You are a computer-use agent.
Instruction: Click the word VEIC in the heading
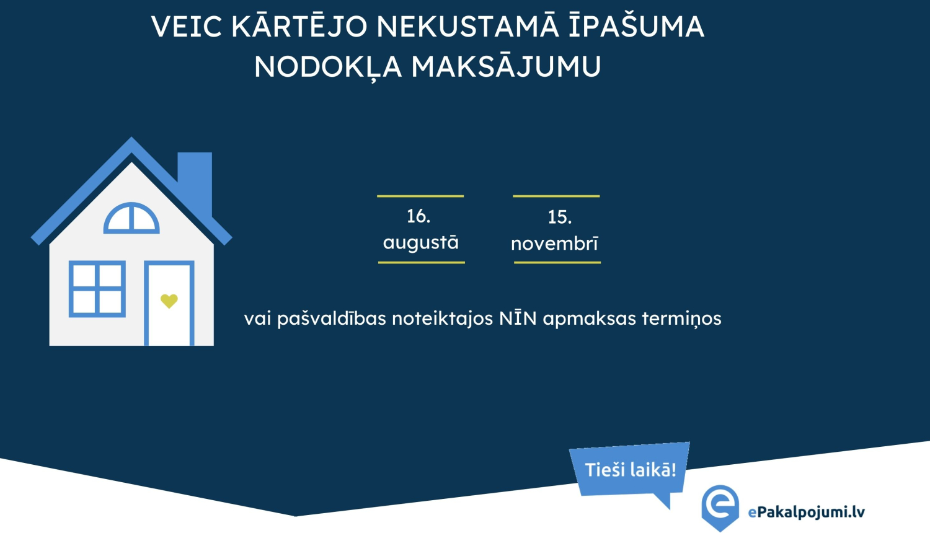pos(187,27)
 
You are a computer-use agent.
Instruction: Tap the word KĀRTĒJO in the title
pos(299,27)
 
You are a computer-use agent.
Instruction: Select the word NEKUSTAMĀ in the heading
pos(467,27)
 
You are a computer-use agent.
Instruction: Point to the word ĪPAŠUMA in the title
pos(637,27)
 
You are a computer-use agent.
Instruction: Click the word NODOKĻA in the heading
pos(328,67)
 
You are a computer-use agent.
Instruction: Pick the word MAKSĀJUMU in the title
pos(506,67)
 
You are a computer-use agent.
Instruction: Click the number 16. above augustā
pos(418,216)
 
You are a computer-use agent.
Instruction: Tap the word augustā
pos(421,242)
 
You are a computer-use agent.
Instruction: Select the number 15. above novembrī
pos(559,218)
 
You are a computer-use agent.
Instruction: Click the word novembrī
pos(555,244)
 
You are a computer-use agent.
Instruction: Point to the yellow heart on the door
pos(169,301)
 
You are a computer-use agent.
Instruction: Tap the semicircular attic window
pos(131,219)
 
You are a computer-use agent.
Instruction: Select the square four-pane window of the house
pos(97,289)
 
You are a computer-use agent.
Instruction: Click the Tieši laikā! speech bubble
pos(631,470)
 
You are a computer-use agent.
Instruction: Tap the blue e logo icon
pos(720,506)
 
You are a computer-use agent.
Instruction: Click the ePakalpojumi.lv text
pos(806,512)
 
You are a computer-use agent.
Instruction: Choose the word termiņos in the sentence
pos(681,319)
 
